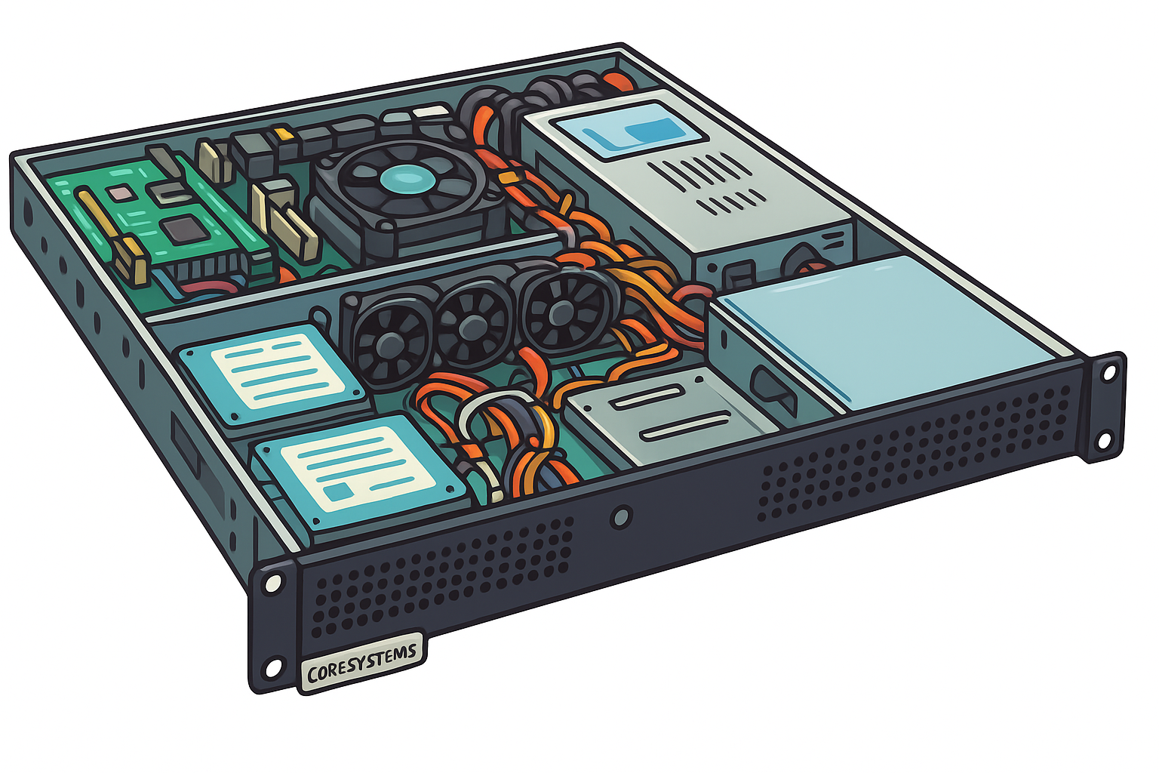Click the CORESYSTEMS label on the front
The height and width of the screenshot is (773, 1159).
[x=362, y=662]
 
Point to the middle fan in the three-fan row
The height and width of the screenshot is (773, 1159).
[x=472, y=325]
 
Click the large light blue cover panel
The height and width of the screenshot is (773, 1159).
[x=886, y=332]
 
